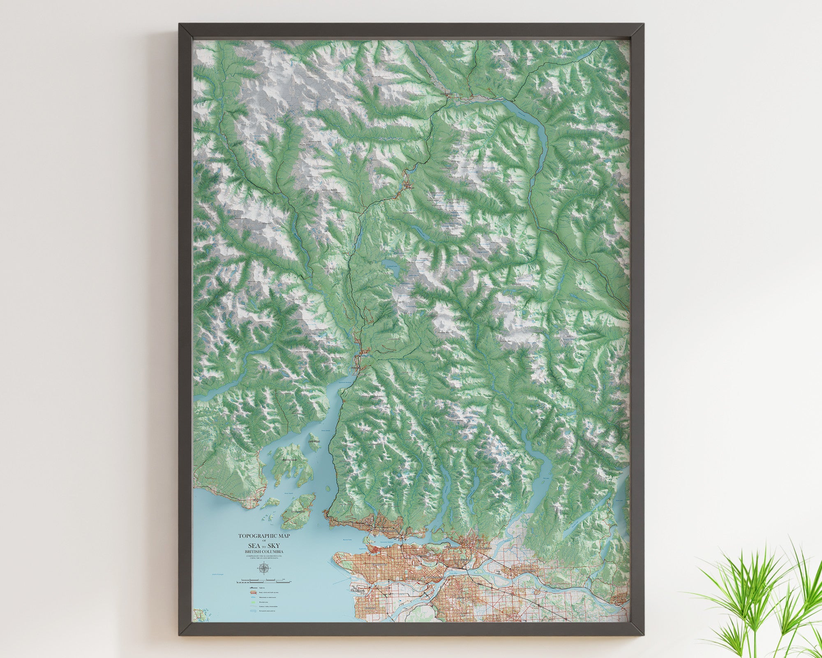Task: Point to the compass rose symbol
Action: pyautogui.click(x=263, y=569)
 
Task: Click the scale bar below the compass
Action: pyautogui.click(x=263, y=582)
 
